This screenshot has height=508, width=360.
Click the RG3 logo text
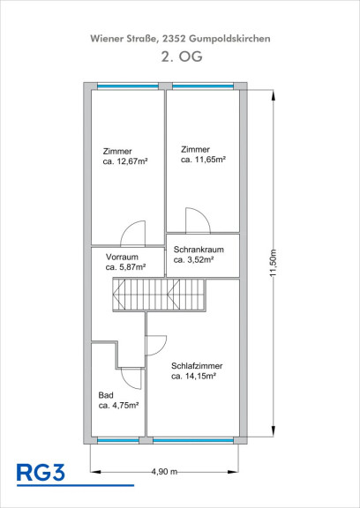click(x=41, y=473)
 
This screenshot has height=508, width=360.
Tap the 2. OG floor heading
click(x=182, y=56)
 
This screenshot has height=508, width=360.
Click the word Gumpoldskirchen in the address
click(x=229, y=39)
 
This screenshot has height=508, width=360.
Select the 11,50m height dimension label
click(x=274, y=263)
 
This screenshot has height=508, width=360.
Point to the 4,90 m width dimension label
click(x=164, y=471)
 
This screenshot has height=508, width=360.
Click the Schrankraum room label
click(x=199, y=250)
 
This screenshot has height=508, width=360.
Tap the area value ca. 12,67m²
click(x=125, y=161)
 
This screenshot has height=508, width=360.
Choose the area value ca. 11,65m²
click(x=203, y=160)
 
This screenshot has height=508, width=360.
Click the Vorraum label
click(x=122, y=257)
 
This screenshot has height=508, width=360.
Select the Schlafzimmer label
click(x=197, y=366)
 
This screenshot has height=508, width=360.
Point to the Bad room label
click(x=106, y=395)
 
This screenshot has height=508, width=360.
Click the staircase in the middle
click(x=159, y=295)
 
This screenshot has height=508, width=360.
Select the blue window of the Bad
click(x=118, y=440)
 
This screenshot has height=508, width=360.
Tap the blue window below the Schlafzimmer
click(x=193, y=440)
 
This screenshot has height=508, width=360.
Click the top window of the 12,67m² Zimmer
click(x=128, y=86)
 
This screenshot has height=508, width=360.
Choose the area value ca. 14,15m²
click(x=194, y=376)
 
